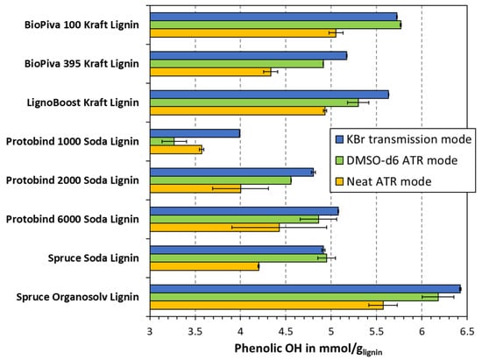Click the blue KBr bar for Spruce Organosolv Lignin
(305, 289)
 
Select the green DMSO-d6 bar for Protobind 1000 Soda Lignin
(162, 142)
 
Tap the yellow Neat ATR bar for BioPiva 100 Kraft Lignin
(243, 33)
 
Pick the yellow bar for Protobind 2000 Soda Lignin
(195, 188)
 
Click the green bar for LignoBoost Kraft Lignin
(254, 102)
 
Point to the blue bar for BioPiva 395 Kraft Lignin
(248, 55)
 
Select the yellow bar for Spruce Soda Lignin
(204, 266)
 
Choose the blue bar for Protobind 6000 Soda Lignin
(245, 211)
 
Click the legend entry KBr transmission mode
(403, 139)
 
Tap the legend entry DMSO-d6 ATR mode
(396, 160)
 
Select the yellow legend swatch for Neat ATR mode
(339, 181)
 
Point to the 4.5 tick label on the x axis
(286, 332)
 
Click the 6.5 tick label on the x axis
(467, 332)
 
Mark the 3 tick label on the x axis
(150, 332)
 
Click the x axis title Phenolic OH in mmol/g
(308, 349)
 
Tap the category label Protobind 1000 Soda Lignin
(73, 141)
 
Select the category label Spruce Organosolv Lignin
(77, 297)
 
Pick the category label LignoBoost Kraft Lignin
(83, 102)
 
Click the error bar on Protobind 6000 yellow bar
(279, 228)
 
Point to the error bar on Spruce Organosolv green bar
(438, 297)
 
